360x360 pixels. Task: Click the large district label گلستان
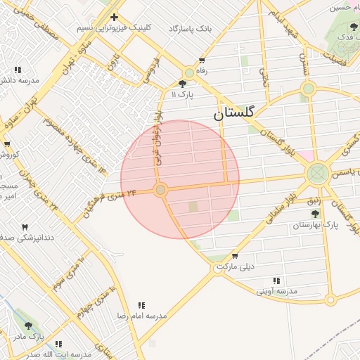pyautogui.click(x=236, y=112)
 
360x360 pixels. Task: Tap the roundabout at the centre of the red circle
pyautogui.click(x=161, y=190)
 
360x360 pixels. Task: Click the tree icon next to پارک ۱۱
pyautogui.click(x=183, y=84)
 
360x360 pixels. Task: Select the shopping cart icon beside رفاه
pyautogui.click(x=202, y=61)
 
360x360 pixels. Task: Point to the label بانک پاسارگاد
pyautogui.click(x=190, y=29)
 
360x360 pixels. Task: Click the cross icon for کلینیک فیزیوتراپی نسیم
pyautogui.click(x=114, y=17)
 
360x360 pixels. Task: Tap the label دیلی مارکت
pyautogui.click(x=236, y=267)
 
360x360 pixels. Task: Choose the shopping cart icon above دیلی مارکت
pyautogui.click(x=234, y=256)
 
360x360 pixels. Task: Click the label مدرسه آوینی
pyautogui.click(x=276, y=291)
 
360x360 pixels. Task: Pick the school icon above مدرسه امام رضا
pyautogui.click(x=141, y=305)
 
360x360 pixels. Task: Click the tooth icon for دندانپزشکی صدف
pyautogui.click(x=25, y=227)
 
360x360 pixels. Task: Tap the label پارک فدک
pyautogui.click(x=345, y=36)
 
